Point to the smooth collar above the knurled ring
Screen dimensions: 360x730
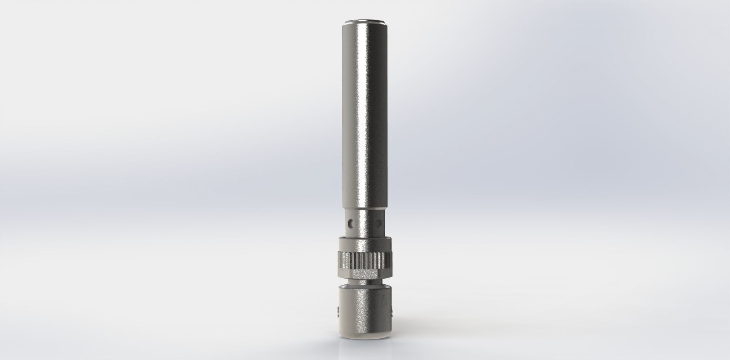point(365,243)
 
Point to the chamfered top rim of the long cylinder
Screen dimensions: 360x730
point(365,21)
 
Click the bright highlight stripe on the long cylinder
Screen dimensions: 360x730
point(362,114)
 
